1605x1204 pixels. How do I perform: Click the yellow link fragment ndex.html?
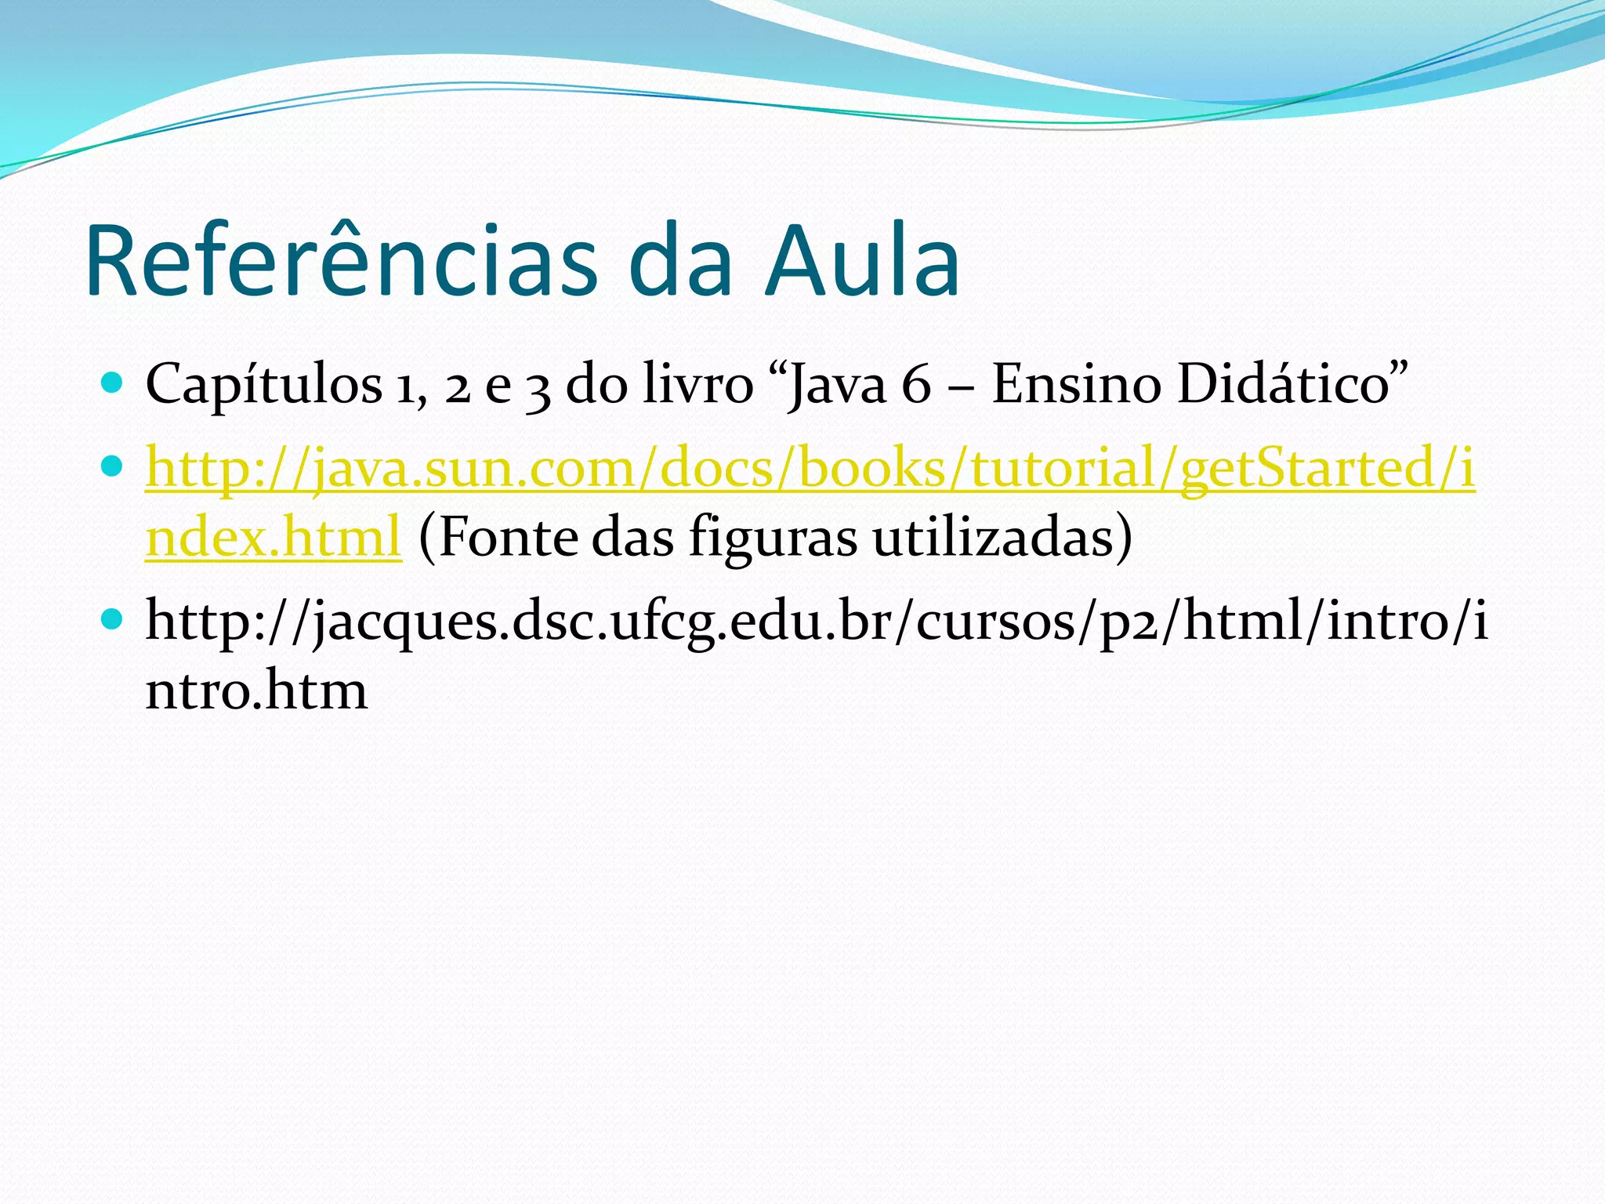point(274,538)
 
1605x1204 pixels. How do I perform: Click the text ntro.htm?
point(256,691)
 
